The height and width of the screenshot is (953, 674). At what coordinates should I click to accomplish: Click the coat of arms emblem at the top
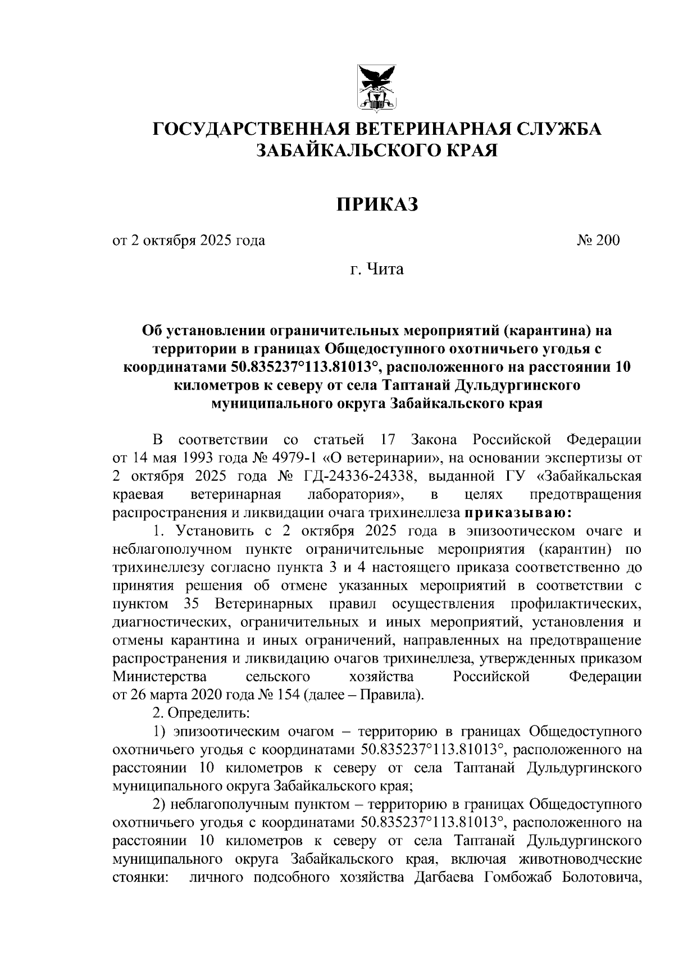(377, 87)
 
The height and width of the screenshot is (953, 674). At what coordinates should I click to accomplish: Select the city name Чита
(385, 270)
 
